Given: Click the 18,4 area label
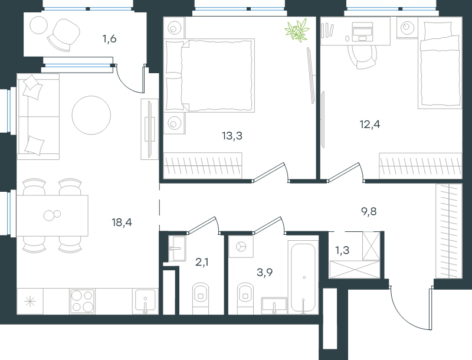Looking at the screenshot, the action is click(x=122, y=222).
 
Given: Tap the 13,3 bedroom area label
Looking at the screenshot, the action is click(x=232, y=136).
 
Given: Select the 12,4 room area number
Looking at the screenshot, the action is click(x=370, y=124).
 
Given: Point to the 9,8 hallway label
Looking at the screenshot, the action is click(x=369, y=212).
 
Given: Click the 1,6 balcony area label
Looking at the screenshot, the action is click(x=110, y=39).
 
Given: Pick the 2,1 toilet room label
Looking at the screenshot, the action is click(x=202, y=262).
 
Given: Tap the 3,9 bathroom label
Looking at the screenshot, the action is click(x=265, y=273).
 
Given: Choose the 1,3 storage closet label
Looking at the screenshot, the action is click(x=342, y=250).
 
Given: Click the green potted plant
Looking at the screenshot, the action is click(x=297, y=30).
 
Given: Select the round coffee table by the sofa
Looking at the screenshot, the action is click(x=91, y=115).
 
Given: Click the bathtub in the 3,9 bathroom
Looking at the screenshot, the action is click(x=303, y=277).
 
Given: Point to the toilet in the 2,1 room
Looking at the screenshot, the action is click(x=201, y=299).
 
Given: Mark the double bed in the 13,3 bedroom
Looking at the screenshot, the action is click(x=209, y=76).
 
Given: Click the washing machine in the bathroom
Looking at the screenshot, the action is click(x=241, y=247).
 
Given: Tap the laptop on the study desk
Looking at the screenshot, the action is click(x=362, y=32).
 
